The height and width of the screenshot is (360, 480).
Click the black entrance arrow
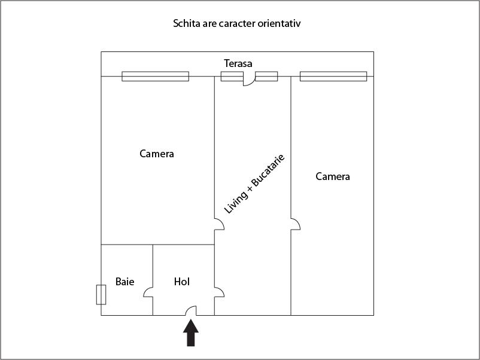191,332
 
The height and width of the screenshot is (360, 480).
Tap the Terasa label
238,63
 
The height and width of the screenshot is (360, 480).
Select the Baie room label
124,282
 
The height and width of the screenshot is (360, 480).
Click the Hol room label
182,282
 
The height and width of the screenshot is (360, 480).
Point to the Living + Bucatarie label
255,184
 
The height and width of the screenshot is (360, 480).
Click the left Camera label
157,154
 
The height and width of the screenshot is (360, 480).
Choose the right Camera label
333,176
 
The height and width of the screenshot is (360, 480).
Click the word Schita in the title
187,23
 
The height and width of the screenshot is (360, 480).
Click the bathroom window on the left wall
101,295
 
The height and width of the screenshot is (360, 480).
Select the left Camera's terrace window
156,77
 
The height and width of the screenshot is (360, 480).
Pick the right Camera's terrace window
333,77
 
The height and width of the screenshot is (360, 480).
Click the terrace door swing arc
249,81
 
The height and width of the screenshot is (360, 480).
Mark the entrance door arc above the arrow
191,310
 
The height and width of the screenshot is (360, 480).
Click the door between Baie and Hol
148,292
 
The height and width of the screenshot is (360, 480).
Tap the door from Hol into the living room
219,292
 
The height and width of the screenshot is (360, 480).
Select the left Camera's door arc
219,224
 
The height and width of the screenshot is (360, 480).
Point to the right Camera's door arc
296,224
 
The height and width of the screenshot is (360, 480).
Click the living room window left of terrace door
232,77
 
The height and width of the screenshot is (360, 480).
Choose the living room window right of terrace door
266,77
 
